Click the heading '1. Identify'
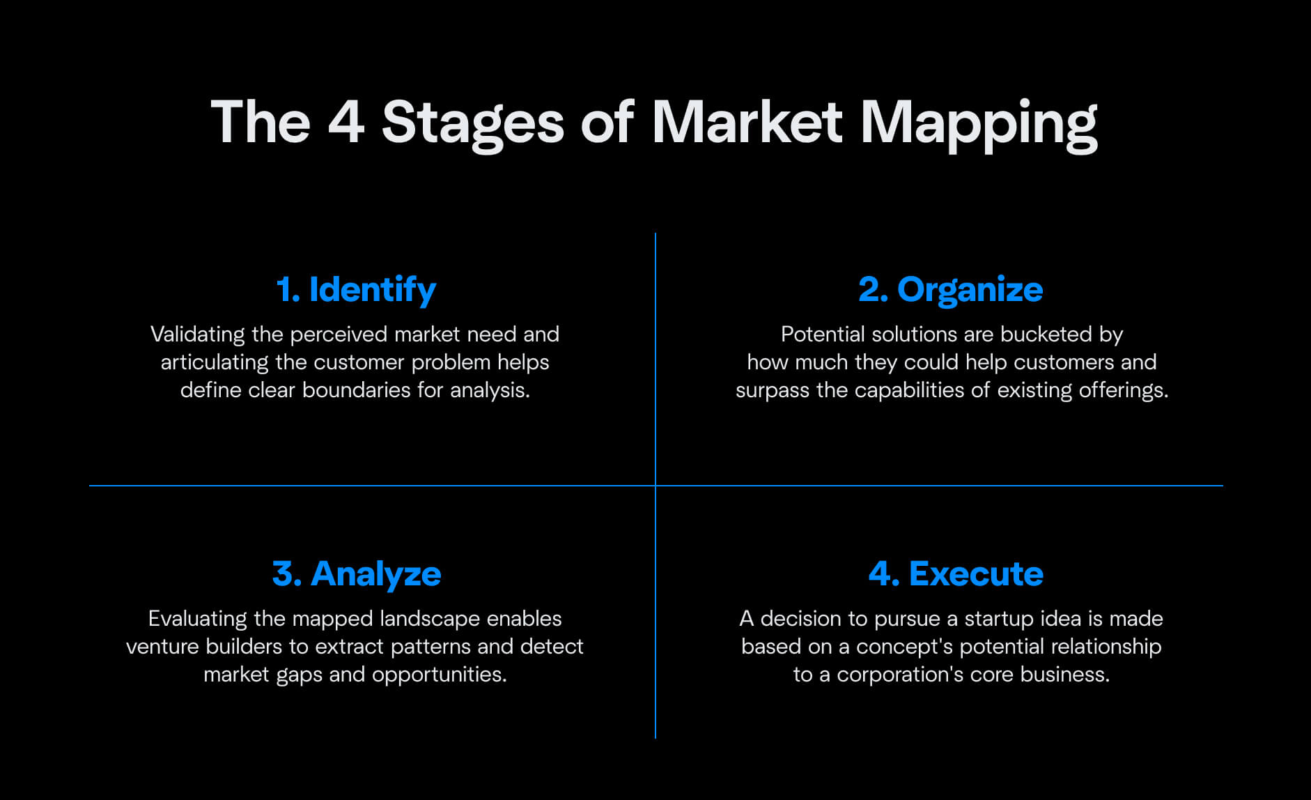click(x=356, y=290)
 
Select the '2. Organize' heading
click(x=951, y=290)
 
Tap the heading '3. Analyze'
click(x=357, y=574)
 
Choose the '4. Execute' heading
click(x=956, y=574)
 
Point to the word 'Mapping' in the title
click(x=979, y=124)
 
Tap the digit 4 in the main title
click(x=346, y=122)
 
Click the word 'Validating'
click(x=197, y=335)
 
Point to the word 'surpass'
click(x=773, y=391)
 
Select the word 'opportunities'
click(x=439, y=675)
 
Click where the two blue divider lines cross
click(x=655, y=486)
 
